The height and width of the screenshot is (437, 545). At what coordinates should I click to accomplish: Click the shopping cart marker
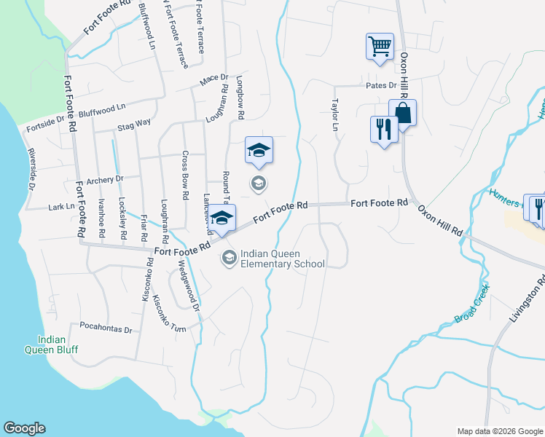(x=380, y=47)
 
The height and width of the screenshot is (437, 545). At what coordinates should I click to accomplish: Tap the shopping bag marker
(x=402, y=113)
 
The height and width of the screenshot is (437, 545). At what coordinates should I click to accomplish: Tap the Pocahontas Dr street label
(x=106, y=328)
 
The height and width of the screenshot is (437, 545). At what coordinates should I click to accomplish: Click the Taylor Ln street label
(x=336, y=115)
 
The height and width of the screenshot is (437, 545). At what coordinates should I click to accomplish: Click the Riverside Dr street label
(x=31, y=171)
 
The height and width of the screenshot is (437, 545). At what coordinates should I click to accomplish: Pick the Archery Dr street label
(x=105, y=178)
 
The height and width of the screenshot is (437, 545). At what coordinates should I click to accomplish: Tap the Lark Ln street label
(x=60, y=207)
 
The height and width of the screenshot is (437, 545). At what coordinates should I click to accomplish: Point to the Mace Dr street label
(x=214, y=77)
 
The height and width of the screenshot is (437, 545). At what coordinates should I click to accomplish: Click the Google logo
(x=25, y=428)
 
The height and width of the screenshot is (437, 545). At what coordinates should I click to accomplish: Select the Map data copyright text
(x=500, y=431)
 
